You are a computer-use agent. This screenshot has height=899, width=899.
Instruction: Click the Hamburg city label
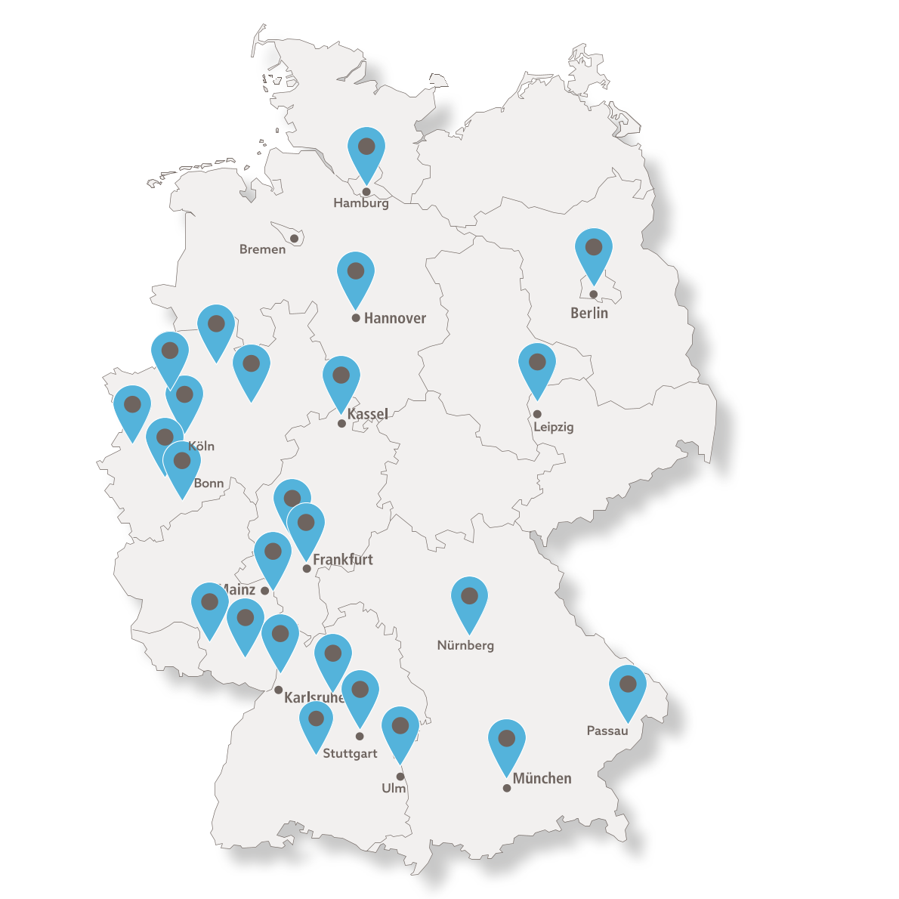click(x=361, y=202)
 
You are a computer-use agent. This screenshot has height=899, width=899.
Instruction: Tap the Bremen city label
click(x=262, y=249)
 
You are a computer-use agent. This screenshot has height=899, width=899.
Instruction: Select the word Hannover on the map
click(x=394, y=318)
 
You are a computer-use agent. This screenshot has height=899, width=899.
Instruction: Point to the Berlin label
click(x=589, y=313)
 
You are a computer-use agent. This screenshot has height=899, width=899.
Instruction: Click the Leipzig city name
click(x=553, y=427)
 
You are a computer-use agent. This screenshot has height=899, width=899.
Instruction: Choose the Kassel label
click(x=368, y=414)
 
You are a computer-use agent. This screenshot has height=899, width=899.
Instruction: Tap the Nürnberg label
click(x=465, y=645)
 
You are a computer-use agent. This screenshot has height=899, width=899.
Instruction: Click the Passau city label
click(x=607, y=731)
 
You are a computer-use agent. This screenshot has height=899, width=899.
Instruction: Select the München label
click(x=542, y=778)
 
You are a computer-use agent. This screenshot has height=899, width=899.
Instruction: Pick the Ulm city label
click(x=394, y=788)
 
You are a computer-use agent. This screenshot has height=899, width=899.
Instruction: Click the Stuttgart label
click(x=350, y=753)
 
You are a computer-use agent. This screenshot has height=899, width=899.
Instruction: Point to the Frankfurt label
click(x=343, y=560)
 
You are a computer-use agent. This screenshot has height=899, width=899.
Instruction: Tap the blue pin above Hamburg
click(x=366, y=151)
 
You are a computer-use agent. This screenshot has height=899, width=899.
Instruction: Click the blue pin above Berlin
click(x=594, y=252)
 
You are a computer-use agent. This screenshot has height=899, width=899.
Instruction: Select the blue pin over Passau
click(x=628, y=689)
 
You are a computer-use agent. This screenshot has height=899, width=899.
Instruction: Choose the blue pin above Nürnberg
click(x=469, y=601)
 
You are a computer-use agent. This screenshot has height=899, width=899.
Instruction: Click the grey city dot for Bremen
click(x=295, y=239)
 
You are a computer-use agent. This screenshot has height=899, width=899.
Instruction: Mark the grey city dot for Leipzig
click(x=537, y=414)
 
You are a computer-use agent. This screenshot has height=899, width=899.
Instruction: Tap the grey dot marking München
click(x=507, y=788)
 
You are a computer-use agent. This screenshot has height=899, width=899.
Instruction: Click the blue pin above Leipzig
click(x=537, y=367)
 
